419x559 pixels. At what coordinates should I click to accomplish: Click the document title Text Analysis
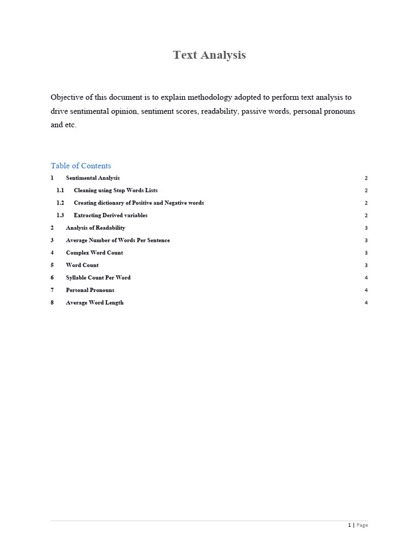tap(209, 55)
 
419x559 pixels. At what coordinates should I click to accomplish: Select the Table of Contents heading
tap(81, 166)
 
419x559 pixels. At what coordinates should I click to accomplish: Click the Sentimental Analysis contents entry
tap(93, 178)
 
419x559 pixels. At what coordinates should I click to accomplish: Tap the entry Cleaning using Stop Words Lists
tap(116, 191)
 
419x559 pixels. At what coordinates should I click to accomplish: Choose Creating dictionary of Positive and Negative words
tap(139, 203)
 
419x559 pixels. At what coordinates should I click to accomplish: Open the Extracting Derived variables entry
tap(111, 216)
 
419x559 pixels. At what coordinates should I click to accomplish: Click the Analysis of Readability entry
tap(95, 228)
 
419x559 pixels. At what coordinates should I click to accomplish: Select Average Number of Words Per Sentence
tap(118, 241)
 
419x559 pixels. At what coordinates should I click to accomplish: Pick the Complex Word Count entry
tap(94, 253)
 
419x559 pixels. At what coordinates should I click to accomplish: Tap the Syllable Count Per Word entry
tap(98, 278)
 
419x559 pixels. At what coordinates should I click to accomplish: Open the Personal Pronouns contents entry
tap(90, 290)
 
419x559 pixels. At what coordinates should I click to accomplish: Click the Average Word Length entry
tap(95, 303)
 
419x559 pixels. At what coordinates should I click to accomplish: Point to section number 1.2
tap(60, 203)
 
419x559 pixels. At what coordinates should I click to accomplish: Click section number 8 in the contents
tap(52, 303)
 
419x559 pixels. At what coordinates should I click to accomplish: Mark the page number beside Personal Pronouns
tap(366, 290)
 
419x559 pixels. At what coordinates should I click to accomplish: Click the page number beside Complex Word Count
tap(366, 253)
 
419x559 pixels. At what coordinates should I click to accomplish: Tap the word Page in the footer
tap(362, 525)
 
